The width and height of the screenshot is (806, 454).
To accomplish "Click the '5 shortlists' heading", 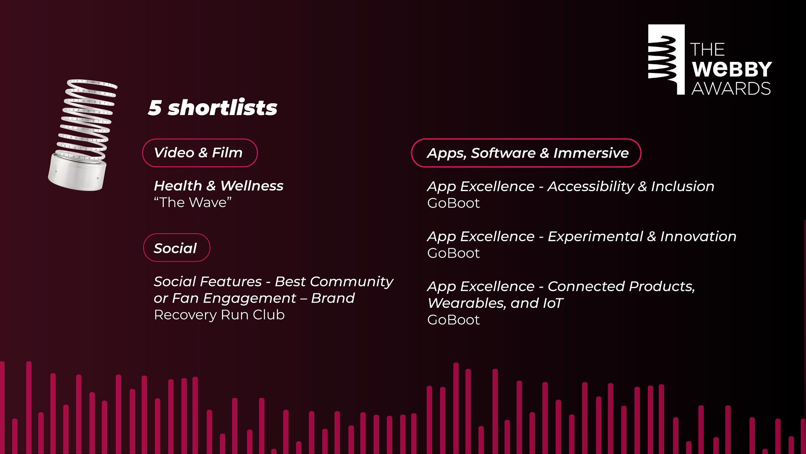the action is pyautogui.click(x=213, y=108).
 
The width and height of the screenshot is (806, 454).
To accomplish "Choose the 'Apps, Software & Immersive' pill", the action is pyautogui.click(x=526, y=153).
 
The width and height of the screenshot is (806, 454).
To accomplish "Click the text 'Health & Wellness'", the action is pyautogui.click(x=218, y=186).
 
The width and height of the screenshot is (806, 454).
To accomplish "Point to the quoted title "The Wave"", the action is pyautogui.click(x=193, y=203).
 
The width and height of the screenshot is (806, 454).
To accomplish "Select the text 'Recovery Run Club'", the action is pyautogui.click(x=219, y=315).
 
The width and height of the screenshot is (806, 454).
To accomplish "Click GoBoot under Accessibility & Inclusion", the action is pyautogui.click(x=453, y=203).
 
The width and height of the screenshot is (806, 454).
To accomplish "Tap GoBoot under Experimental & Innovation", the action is pyautogui.click(x=453, y=253).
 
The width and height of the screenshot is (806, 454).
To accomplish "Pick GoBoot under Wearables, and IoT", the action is pyautogui.click(x=453, y=320).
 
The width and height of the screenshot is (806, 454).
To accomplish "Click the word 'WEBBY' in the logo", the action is pyautogui.click(x=732, y=69).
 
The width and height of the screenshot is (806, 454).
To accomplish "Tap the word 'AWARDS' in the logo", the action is pyautogui.click(x=731, y=89).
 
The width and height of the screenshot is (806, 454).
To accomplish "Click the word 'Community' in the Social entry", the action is pyautogui.click(x=351, y=282).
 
